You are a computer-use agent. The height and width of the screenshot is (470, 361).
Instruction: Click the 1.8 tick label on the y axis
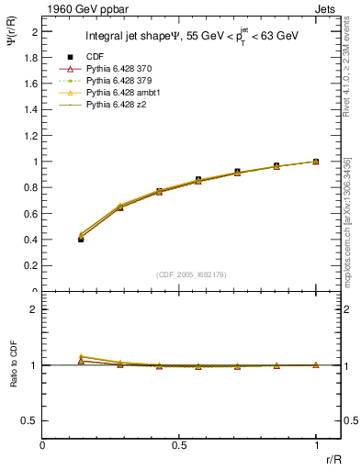tap(30, 57)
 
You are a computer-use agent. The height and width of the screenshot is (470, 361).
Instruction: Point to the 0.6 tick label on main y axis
tap(30, 214)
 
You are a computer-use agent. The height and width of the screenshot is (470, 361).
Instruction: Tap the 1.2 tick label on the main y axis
tap(30, 135)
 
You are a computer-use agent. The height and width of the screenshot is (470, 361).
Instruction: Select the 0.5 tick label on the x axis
tap(179, 445)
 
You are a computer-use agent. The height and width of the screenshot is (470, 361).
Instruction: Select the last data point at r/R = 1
tap(316, 162)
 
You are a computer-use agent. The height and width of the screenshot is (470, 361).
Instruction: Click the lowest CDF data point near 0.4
tap(81, 239)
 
